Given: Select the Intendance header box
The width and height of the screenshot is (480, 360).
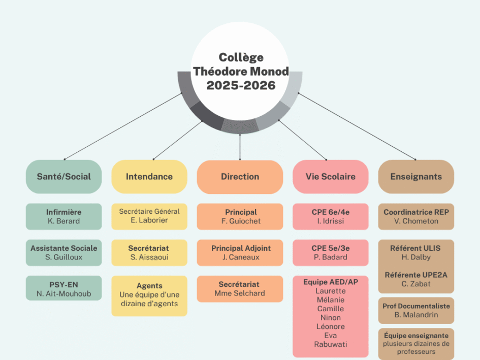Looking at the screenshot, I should click(149, 177).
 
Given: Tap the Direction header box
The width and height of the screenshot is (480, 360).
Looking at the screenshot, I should click(240, 177).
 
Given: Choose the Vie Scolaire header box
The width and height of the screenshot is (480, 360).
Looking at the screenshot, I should click(330, 177).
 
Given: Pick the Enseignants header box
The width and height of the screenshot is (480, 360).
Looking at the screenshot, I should click(416, 177).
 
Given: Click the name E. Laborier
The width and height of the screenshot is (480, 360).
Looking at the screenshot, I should click(149, 220).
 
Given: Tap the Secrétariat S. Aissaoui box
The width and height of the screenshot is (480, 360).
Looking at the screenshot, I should click(149, 252).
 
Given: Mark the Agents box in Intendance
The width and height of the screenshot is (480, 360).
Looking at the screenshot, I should click(149, 295).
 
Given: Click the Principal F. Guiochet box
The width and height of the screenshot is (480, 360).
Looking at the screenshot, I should click(240, 216).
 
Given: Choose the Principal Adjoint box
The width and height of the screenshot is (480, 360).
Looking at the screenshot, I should click(240, 252).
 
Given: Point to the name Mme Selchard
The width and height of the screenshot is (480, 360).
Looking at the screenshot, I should click(240, 293).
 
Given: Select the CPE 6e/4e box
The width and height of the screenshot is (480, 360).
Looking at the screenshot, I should click(330, 216).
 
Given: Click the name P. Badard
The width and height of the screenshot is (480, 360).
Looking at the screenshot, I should click(330, 257).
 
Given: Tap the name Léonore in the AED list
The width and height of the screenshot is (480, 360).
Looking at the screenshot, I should click(330, 326).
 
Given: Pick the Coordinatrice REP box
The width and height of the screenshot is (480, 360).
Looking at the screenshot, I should click(416, 216).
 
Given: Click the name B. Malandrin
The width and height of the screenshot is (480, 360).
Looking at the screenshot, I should click(416, 315).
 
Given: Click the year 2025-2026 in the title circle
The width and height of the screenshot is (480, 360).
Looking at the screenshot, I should click(241, 85).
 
